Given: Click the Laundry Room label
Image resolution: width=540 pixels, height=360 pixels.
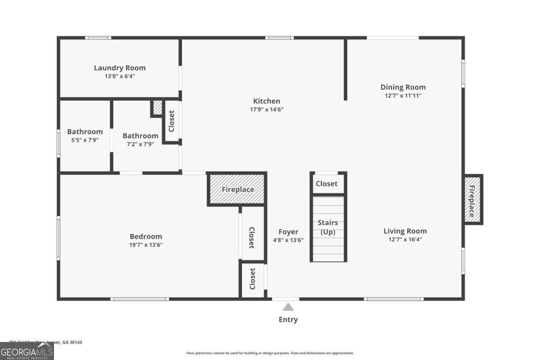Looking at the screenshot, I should tap(120, 68).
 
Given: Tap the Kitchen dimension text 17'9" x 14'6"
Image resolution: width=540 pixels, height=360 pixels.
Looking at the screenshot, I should tap(266, 109).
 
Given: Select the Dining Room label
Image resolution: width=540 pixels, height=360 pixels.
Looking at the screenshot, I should tap(403, 87).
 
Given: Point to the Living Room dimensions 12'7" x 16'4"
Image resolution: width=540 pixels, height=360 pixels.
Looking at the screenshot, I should tap(405, 239).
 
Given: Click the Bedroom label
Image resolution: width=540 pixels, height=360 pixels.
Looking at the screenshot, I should tap(146, 236).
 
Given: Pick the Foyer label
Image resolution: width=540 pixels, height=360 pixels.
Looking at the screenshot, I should tap(288, 232).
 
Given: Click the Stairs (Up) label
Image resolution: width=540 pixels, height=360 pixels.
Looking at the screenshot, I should tap(328, 227).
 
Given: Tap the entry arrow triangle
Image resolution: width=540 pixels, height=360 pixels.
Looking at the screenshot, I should tap(288, 307).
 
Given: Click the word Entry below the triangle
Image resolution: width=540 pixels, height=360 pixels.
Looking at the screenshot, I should tap(288, 319).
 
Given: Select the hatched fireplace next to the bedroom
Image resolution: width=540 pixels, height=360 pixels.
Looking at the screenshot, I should tap(237, 189).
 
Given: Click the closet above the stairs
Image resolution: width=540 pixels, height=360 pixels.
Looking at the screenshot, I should tap(327, 184).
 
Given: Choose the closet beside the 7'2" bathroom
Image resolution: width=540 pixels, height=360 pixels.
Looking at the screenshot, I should tap(171, 121).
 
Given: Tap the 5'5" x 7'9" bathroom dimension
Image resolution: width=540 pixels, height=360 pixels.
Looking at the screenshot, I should tap(85, 140).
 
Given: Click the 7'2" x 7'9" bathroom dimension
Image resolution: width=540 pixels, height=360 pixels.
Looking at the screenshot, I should tap(140, 144).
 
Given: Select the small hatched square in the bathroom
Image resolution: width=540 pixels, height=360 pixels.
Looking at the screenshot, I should tap(157, 108).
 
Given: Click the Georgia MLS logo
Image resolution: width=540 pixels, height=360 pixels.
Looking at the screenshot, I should tap(27, 351).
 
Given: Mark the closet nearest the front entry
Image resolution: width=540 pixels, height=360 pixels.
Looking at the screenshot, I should tap(252, 279).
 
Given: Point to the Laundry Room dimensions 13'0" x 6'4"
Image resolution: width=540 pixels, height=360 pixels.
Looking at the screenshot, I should tap(120, 76).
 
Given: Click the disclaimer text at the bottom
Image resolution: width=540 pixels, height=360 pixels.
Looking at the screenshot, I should tap(270, 353).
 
